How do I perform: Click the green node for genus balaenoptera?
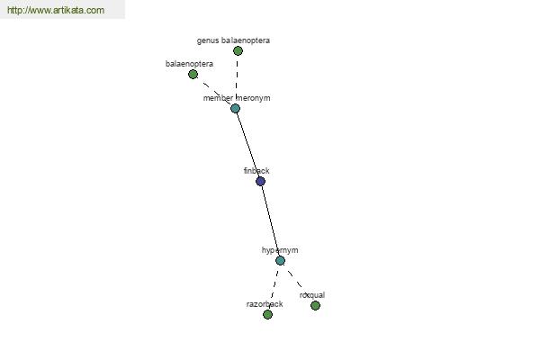click(238, 51)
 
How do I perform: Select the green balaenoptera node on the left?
click(193, 74)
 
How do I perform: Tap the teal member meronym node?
click(235, 109)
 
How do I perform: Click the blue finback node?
click(260, 181)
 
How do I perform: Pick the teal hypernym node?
click(280, 260)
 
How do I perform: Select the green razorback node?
click(267, 314)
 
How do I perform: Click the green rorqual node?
click(315, 305)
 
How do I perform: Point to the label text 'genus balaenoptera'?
click(233, 40)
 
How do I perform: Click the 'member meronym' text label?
click(237, 98)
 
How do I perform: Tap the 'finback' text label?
click(256, 170)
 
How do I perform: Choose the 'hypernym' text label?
click(280, 250)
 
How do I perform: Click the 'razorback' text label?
click(265, 304)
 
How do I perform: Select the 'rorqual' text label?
click(312, 295)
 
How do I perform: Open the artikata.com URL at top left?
click(56, 10)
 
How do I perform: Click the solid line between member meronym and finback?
click(247, 145)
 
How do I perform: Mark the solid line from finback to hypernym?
click(270, 220)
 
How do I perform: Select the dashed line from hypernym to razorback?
click(274, 286)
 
